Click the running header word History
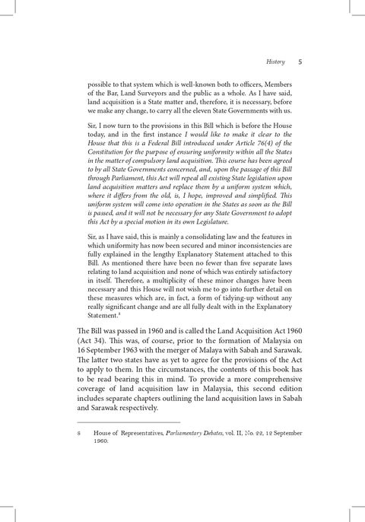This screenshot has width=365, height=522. [x=275, y=62]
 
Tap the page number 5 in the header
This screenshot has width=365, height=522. [x=301, y=62]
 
